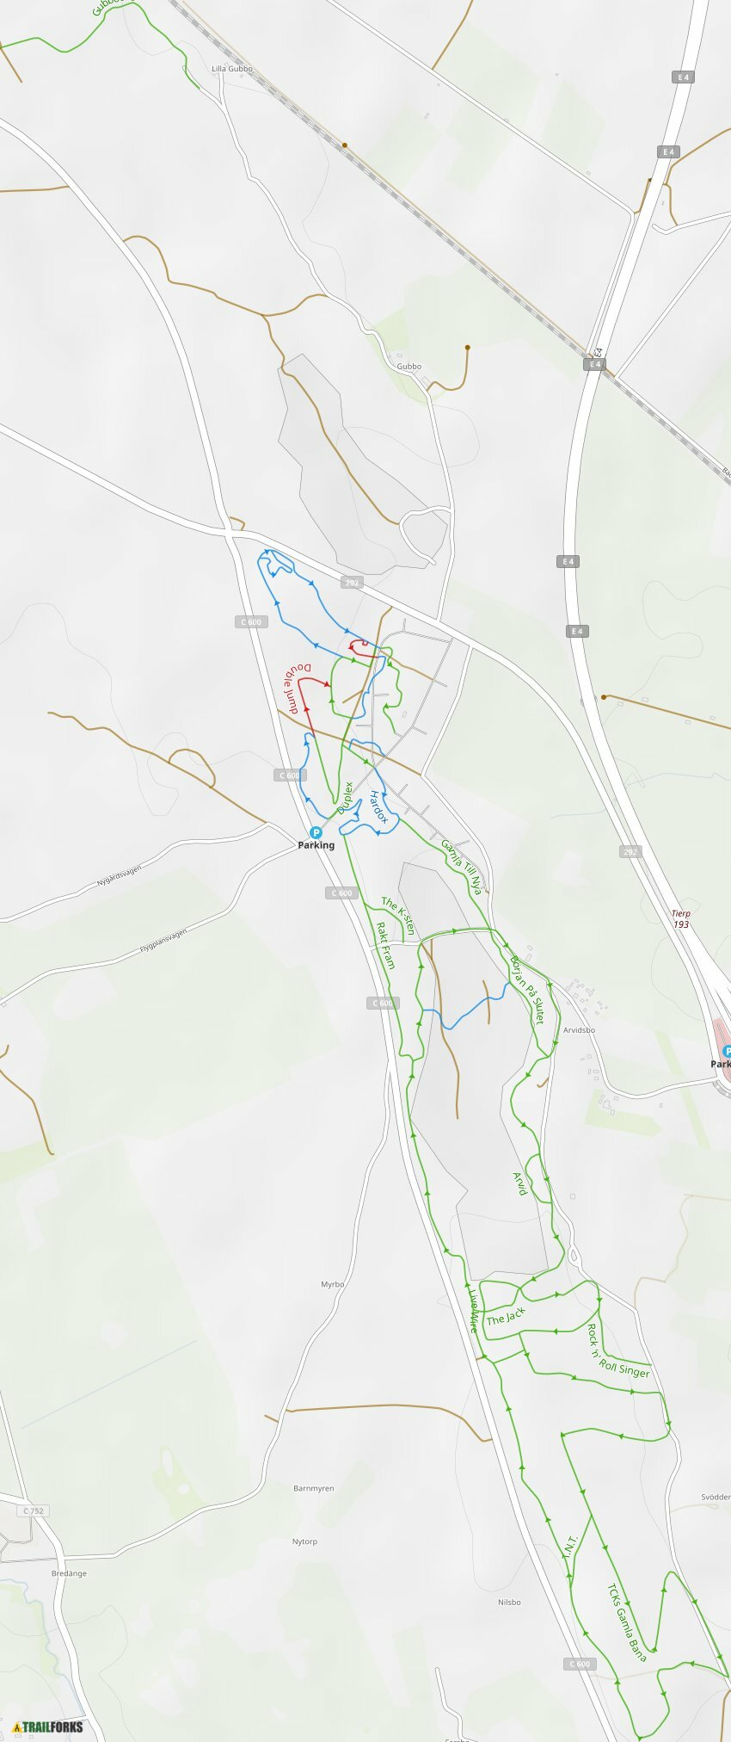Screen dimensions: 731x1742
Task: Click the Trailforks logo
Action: [48, 1727]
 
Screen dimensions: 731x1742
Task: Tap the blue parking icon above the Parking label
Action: [316, 832]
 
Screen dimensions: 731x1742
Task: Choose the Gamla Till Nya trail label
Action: [462, 867]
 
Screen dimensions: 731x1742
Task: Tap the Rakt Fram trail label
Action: [385, 945]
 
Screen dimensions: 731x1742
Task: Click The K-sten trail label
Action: [398, 916]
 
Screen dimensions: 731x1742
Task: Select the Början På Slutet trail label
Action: [527, 989]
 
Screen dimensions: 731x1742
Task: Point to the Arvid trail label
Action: [519, 1183]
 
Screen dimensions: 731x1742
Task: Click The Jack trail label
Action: [505, 1316]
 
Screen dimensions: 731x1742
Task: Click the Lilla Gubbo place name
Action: [232, 69]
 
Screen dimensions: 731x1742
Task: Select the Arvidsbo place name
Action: [579, 1029]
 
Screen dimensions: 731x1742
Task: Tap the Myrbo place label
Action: [333, 1284]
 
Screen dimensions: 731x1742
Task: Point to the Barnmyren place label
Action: [314, 1488]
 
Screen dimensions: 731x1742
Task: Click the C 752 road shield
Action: [33, 1510]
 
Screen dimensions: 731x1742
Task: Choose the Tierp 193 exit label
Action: [681, 918]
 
